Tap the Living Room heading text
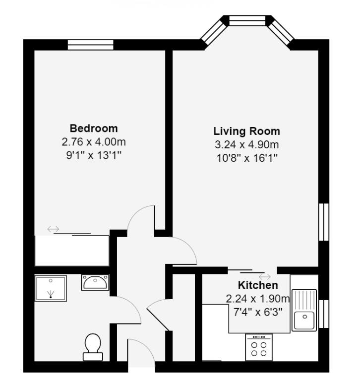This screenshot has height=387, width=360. tap(246, 131)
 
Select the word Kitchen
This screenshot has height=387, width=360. tap(258, 286)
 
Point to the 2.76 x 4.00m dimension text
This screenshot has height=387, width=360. tap(94, 142)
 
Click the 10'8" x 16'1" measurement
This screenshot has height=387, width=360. tap(246, 158)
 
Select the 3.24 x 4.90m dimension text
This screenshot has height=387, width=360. tap(246, 145)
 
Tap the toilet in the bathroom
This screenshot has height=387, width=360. tap(93, 346)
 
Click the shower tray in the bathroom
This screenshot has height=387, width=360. tap(51, 289)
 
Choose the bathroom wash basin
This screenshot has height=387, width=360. tap(95, 282)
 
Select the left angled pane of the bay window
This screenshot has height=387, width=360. tap(213, 31)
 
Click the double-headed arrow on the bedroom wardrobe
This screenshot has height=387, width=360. tap(53, 229)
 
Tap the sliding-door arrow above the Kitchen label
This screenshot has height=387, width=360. tap(264, 276)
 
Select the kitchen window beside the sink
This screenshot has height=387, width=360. tap(323, 314)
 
